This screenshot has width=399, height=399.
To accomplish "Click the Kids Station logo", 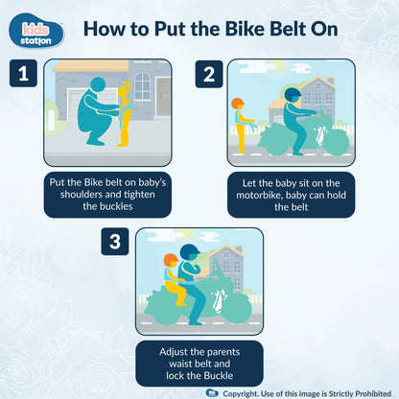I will point(40,31).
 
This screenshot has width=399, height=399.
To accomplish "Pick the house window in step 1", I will point(142,87).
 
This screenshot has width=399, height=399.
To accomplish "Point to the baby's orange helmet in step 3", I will point(171,261).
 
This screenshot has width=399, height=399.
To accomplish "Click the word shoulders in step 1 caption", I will point(74,196).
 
